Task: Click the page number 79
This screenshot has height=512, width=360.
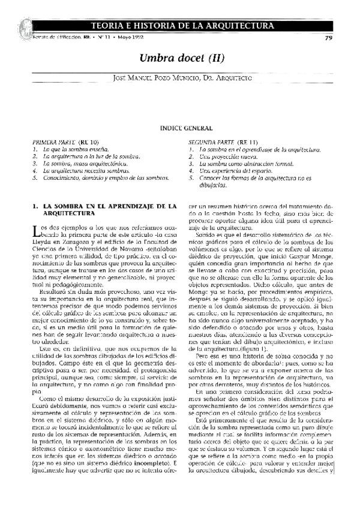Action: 328,38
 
